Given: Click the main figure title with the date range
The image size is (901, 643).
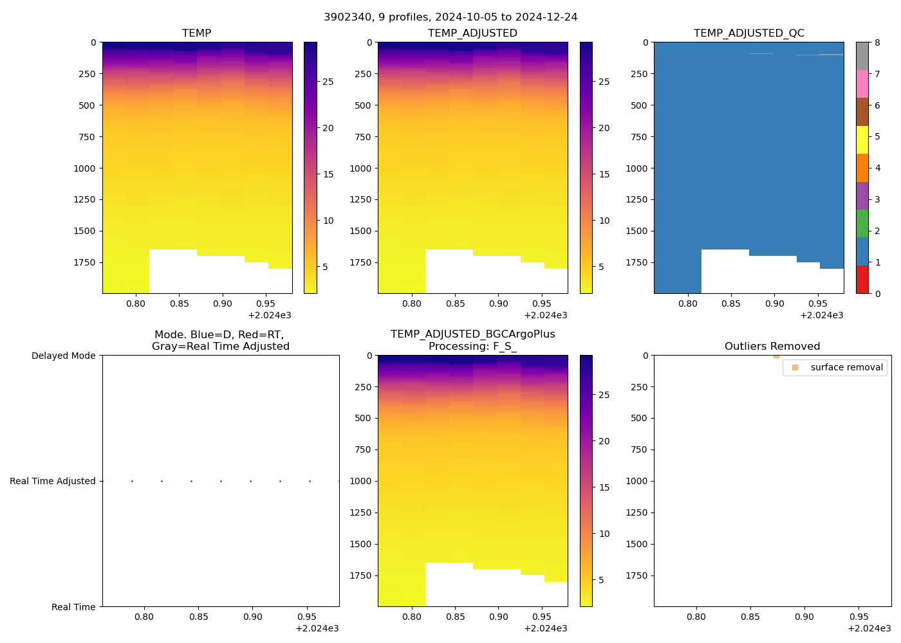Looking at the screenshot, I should (x=450, y=17).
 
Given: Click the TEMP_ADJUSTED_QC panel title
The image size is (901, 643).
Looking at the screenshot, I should (x=748, y=33).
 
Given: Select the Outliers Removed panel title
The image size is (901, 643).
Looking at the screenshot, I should (x=772, y=346).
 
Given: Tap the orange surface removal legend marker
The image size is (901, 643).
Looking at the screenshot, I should (x=795, y=367).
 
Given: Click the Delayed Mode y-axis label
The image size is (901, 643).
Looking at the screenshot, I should (x=63, y=356).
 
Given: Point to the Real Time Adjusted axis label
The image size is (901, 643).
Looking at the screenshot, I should (x=52, y=481).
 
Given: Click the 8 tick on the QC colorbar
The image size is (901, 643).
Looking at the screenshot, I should (x=877, y=42).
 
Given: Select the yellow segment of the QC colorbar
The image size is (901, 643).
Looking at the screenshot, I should (x=862, y=140).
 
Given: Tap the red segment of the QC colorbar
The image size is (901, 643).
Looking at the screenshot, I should (x=862, y=280).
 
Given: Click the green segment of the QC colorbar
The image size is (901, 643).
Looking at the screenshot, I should (x=862, y=223).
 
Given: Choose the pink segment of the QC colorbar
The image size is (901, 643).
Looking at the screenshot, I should (x=862, y=84).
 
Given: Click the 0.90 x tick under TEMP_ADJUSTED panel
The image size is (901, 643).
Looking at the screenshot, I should (x=498, y=303).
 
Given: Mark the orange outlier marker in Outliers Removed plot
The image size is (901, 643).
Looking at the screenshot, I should (x=776, y=356).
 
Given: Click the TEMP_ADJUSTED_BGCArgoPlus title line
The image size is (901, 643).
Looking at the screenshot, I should (x=472, y=334).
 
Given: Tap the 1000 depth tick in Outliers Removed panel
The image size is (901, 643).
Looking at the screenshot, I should (x=636, y=481).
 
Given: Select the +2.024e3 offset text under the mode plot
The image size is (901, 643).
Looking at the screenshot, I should (x=317, y=628).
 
